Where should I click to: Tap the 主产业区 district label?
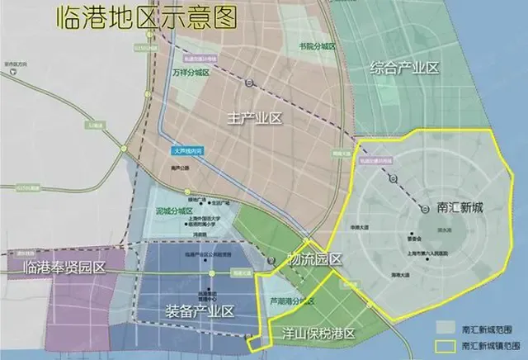point(256,119)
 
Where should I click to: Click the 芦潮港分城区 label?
point(292,301)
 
